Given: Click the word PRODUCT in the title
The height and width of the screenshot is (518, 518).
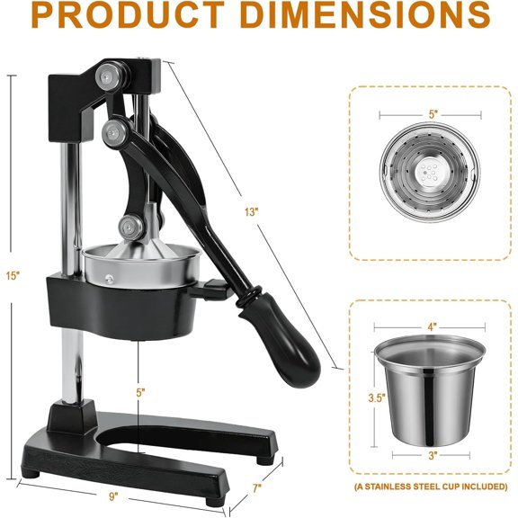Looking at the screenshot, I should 129,14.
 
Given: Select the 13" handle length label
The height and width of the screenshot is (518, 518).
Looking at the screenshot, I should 252,212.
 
